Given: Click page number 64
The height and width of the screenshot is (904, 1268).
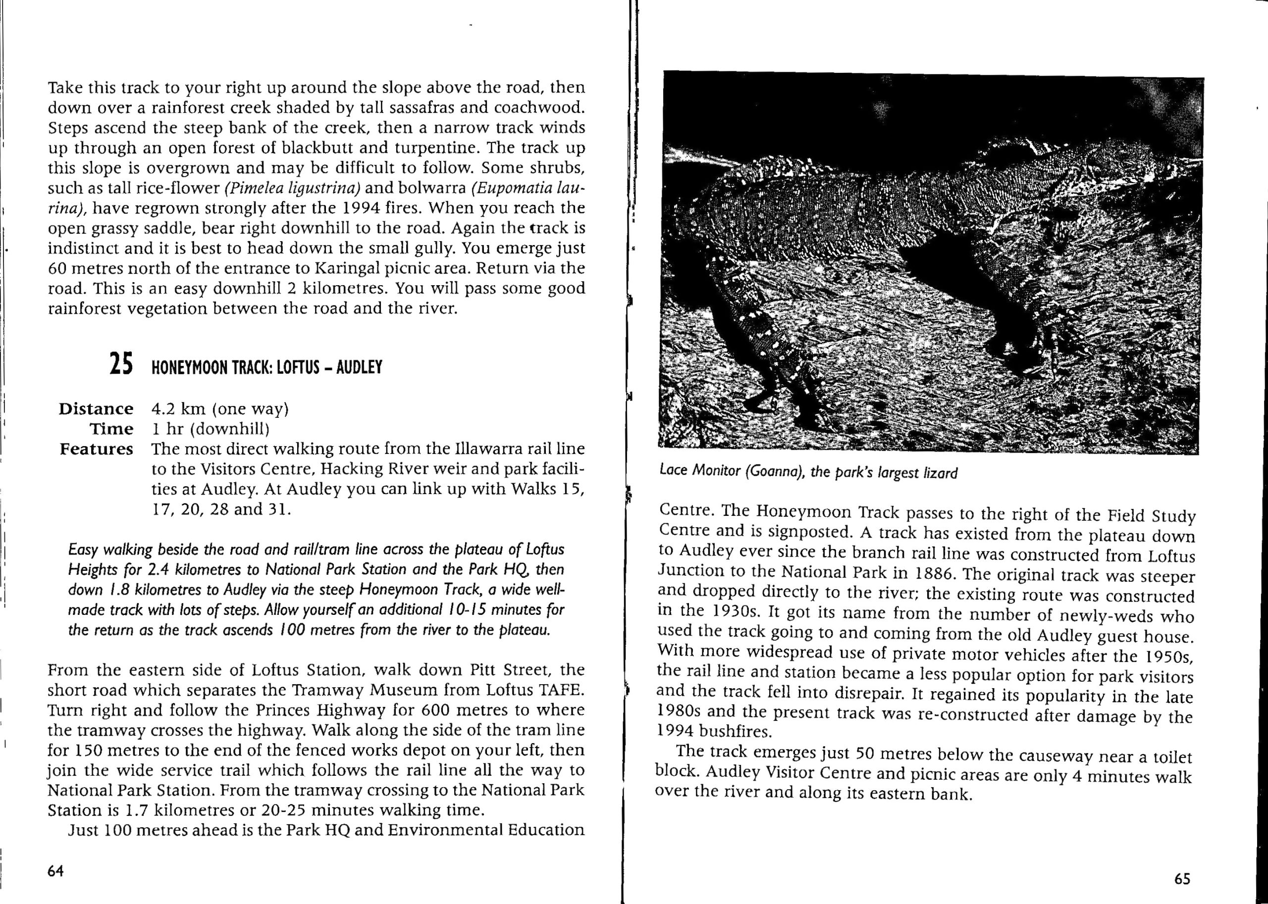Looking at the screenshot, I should coord(55,871).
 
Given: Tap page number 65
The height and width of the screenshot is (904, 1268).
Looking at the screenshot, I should coord(1182,879).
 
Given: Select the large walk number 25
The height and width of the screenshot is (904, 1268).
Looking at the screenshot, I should coord(121,364).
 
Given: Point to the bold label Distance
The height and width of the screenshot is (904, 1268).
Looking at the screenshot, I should coord(96,408).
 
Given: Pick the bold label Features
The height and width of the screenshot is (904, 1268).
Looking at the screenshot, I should coord(97,449).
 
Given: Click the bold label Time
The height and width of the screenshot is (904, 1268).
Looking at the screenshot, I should coord(111,429).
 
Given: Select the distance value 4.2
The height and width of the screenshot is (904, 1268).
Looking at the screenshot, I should coord(163,408).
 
